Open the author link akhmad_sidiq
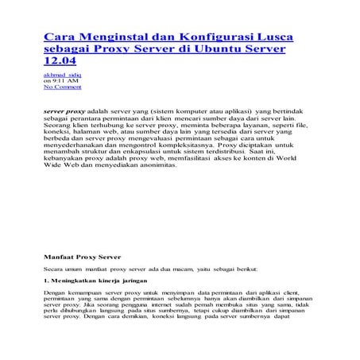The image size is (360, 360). (62, 75)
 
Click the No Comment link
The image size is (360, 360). (62, 87)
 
